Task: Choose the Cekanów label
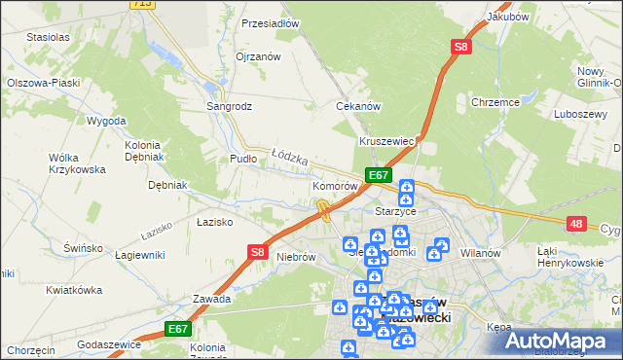pyautogui.click(x=357, y=106)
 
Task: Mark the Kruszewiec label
pyautogui.click(x=387, y=141)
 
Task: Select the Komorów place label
pyautogui.click(x=335, y=185)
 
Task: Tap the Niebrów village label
pyautogui.click(x=296, y=257)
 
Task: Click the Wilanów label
pyautogui.click(x=479, y=253)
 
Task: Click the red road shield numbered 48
pyautogui.click(x=576, y=224)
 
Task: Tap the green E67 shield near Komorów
pyautogui.click(x=379, y=175)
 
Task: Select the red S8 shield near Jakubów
pyautogui.click(x=460, y=46)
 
